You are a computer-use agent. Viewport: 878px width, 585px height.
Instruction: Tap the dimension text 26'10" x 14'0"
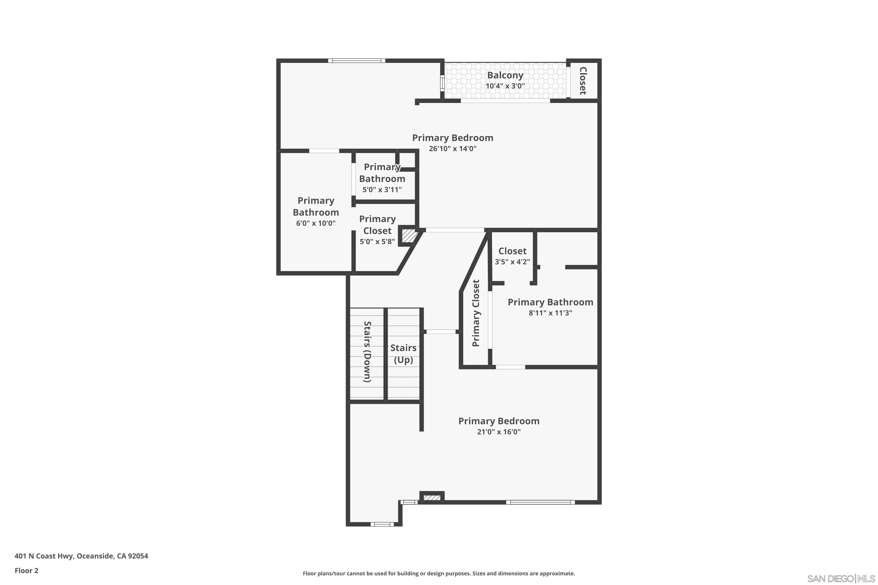(452, 149)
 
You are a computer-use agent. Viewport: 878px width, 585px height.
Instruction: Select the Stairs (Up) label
(403, 354)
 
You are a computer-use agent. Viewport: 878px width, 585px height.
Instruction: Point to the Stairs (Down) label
(368, 352)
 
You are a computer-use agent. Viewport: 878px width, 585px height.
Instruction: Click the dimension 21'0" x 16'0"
(498, 432)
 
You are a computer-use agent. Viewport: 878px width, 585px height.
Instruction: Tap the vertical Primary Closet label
(476, 313)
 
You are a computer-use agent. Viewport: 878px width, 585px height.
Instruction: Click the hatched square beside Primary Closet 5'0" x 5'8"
(408, 236)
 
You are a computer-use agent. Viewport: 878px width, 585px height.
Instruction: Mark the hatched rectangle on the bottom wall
(432, 498)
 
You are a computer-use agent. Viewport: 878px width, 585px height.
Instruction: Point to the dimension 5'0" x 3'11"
(382, 190)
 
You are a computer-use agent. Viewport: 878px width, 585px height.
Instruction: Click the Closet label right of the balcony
(583, 81)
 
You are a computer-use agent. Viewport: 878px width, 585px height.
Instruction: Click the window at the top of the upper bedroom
(356, 61)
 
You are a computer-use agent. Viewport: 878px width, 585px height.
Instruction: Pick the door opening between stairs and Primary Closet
(441, 332)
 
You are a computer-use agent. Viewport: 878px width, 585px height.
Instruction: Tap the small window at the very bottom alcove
(382, 524)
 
